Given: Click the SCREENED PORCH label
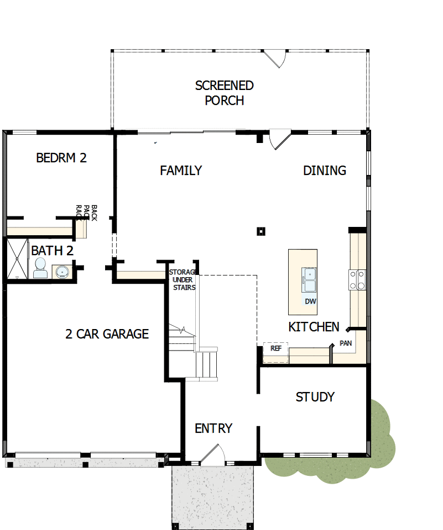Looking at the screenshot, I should point(224,93).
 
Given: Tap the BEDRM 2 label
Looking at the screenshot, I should point(61,158).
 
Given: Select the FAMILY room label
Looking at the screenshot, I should point(181,171).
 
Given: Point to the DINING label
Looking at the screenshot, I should point(325,171).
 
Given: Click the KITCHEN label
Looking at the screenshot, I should point(314,327).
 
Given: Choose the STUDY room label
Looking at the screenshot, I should point(315,397).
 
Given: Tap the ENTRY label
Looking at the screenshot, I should point(213,428).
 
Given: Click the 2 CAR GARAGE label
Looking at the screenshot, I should point(107,334).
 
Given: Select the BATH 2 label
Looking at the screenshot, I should point(52,251).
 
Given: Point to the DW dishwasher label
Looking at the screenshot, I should point(310,301).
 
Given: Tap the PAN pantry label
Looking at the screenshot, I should point(346,343).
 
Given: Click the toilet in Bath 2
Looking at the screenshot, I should point(40,268).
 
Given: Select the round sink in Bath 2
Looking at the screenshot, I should point(61,272).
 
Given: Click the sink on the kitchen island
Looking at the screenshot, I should point(308,279).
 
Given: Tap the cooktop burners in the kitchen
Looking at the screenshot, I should point(357,279).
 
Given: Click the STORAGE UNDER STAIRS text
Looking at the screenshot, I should point(183,280).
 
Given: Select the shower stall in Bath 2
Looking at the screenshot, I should point(17,258).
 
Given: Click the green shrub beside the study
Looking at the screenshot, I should point(382,442).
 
